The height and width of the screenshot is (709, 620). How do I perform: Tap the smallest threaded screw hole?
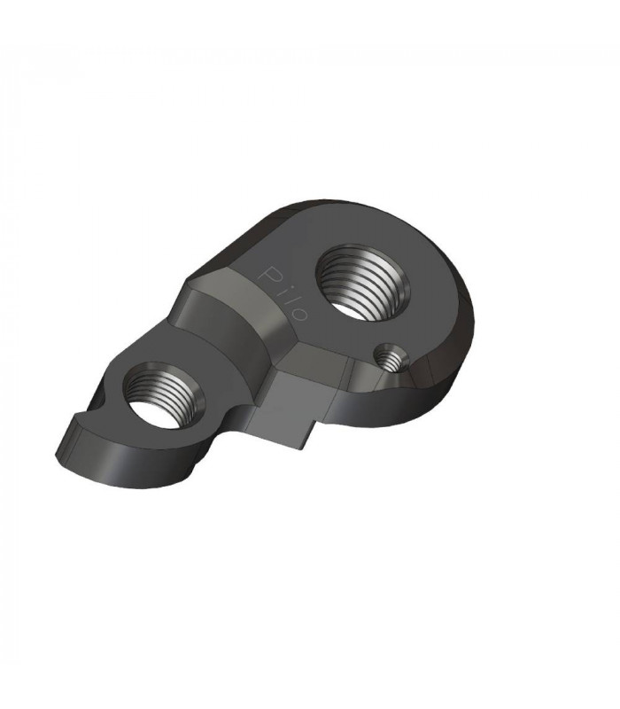point(385,359)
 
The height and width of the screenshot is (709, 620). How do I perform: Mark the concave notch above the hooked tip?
point(89,409)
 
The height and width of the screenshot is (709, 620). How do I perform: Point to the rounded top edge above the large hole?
point(354,208)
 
